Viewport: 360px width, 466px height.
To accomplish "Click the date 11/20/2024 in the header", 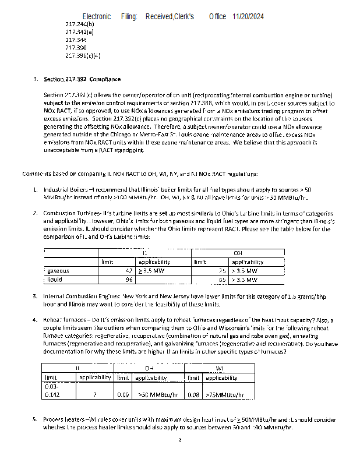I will click(248, 17).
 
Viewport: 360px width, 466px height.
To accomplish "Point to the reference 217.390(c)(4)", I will click(83, 56).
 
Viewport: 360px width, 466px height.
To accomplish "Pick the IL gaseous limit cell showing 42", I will click(129, 271).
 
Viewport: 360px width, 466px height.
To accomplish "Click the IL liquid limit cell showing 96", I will click(129, 280).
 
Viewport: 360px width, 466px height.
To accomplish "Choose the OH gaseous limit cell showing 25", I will click(221, 271).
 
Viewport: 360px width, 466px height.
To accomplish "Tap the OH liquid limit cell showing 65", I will click(221, 280).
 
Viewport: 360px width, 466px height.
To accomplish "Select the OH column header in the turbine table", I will click(238, 253).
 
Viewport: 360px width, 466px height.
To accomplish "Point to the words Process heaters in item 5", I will click(63, 419).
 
